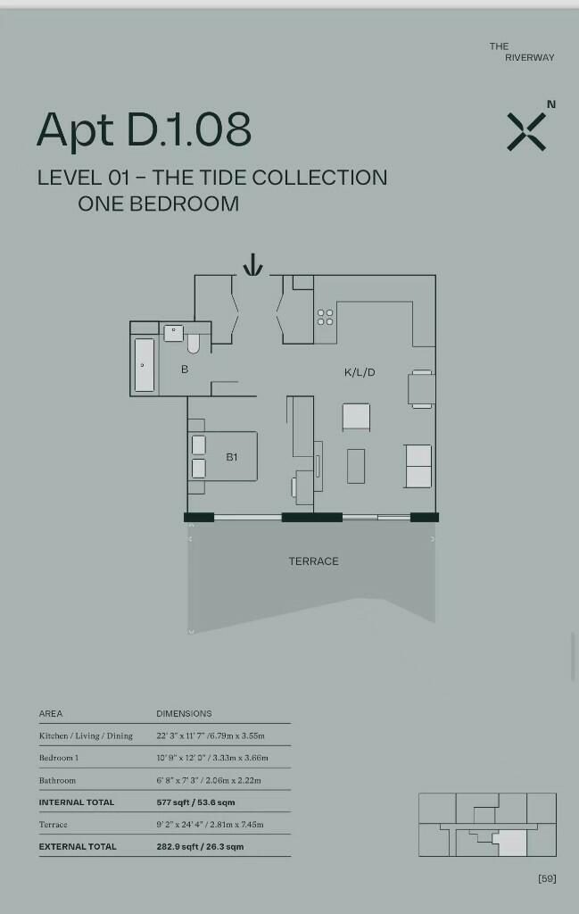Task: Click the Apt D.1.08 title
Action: tap(144, 129)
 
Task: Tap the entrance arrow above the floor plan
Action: tap(252, 264)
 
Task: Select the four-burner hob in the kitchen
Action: tap(325, 318)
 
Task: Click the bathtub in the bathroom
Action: tap(145, 365)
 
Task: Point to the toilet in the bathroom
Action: tap(194, 344)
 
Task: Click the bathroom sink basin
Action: tap(174, 334)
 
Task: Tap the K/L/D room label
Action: tap(360, 372)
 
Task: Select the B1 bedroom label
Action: tap(232, 457)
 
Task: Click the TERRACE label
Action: tap(313, 561)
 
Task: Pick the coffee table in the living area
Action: tap(356, 466)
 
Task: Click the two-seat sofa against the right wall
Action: tap(418, 466)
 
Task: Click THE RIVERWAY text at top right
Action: tap(522, 52)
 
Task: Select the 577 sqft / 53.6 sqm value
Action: tap(195, 802)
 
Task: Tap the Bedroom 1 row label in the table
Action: tap(59, 758)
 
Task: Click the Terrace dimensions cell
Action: tap(210, 824)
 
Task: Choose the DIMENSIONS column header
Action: tap(184, 713)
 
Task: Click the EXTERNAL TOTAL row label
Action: tap(78, 846)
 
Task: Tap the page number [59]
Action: tap(547, 878)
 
